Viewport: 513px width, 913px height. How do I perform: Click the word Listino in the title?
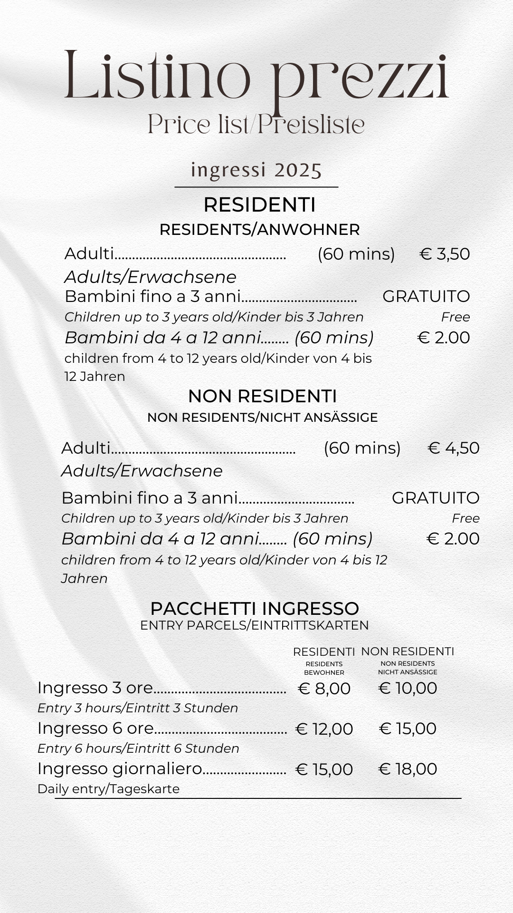[157, 76]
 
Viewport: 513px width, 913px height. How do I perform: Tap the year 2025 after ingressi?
[298, 170]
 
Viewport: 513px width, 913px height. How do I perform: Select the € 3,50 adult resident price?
[445, 254]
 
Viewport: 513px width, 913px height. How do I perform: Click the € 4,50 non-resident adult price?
[454, 448]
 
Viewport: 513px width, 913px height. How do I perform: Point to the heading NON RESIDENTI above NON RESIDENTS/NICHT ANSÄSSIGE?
[262, 396]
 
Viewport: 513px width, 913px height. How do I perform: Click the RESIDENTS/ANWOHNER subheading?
[259, 230]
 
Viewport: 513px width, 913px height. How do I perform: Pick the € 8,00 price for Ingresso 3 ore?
[324, 689]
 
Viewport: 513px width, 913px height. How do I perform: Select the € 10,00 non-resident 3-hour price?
[408, 688]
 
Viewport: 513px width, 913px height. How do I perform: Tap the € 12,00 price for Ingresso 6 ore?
[324, 729]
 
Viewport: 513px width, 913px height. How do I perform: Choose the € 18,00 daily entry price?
[408, 769]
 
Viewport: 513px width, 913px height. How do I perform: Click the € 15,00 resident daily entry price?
[324, 769]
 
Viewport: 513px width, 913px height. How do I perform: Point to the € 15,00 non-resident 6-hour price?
[408, 728]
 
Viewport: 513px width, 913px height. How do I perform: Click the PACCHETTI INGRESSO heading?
[255, 609]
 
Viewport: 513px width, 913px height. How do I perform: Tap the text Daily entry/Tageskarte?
[108, 789]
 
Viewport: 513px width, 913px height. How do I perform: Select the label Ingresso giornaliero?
[120, 769]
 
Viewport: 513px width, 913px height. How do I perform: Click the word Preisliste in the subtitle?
[312, 125]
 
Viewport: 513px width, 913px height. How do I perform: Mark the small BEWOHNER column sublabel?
[324, 672]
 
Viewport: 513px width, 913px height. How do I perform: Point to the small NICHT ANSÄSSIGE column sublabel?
[408, 672]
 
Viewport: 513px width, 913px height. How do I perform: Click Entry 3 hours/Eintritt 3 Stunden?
[138, 708]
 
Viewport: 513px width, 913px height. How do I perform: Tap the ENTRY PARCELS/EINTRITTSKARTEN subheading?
[255, 625]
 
